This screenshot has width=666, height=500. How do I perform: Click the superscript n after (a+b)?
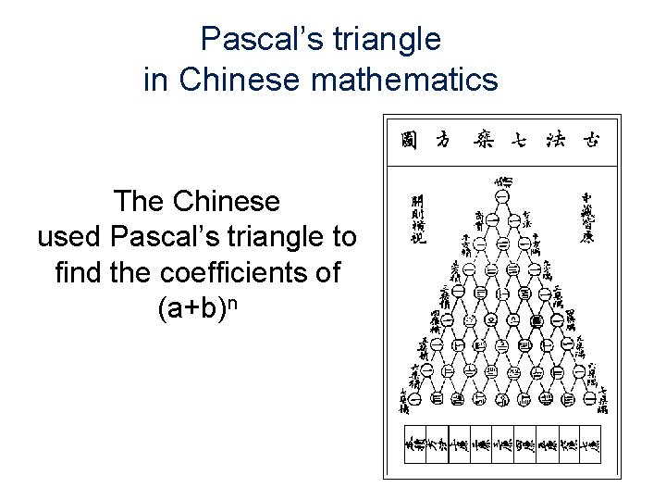239,303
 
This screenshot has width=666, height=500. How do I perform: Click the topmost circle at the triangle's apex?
502,197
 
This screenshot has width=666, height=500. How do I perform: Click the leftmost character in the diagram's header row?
408,141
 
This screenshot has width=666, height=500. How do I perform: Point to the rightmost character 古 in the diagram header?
590,141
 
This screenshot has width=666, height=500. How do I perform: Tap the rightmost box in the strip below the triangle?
590,445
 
